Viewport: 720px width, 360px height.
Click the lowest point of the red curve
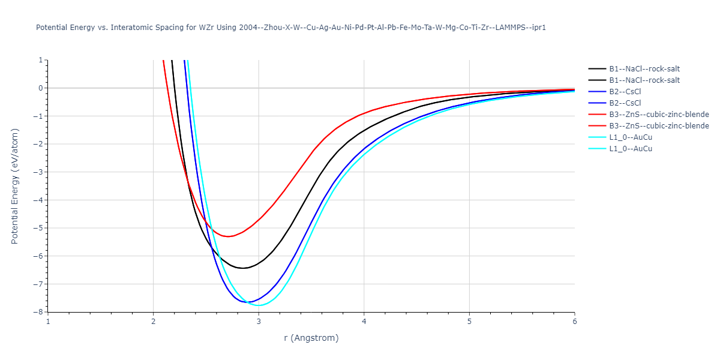229,236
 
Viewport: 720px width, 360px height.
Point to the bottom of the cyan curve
259,305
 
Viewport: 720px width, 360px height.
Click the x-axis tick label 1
48,322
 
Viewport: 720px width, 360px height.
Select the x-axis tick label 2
153,322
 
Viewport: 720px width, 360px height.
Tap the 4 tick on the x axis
364,322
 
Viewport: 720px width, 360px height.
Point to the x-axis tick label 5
469,322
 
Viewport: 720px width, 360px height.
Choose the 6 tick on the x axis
574,322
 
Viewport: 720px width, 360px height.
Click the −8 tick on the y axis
40,312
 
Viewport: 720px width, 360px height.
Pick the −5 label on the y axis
40,228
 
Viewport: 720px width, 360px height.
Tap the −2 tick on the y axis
40,144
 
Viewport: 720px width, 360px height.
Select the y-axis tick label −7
40,284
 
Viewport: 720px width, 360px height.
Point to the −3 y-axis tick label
40,172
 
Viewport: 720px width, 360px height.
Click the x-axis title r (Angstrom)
311,338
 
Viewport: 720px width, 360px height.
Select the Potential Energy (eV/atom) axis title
15,186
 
